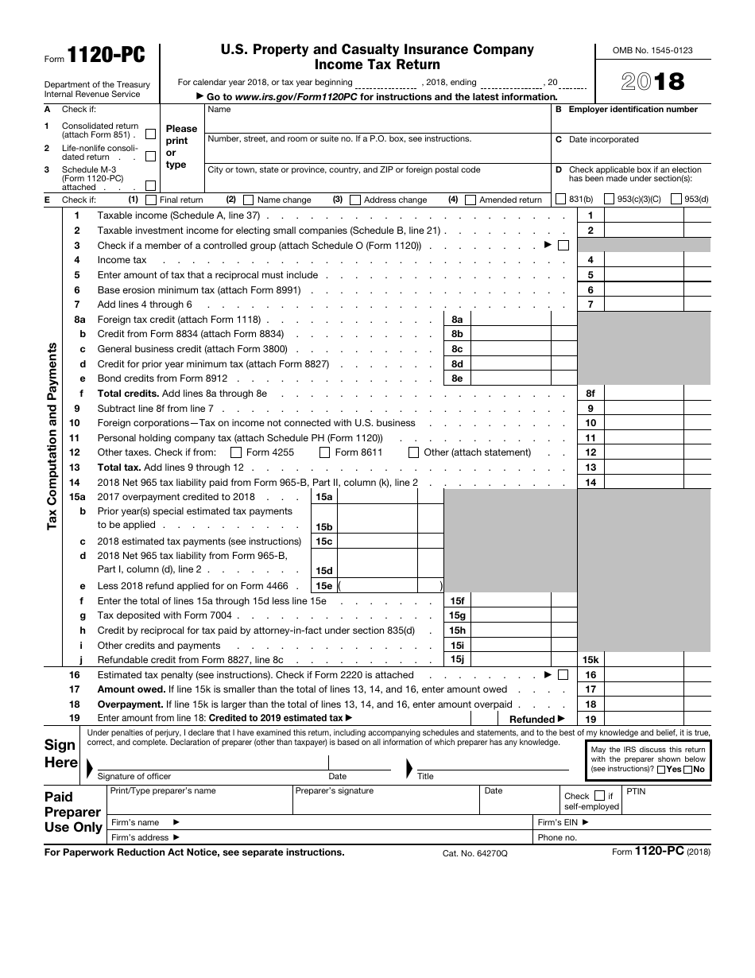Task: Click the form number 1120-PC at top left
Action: click(106, 54)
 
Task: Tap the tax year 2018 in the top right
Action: click(652, 82)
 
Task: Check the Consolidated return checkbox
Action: click(151, 134)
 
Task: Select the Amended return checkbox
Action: click(470, 200)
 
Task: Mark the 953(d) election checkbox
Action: click(676, 200)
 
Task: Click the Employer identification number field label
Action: click(633, 110)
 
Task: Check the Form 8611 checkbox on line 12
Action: click(324, 452)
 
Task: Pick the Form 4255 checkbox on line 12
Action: click(236, 452)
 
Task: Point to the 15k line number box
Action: click(590, 660)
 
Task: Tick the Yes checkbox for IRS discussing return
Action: click(661, 770)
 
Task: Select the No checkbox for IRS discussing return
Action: click(688, 770)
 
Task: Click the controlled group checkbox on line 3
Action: click(563, 246)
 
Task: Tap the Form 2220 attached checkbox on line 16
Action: click(563, 675)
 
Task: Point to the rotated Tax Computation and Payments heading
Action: click(52, 436)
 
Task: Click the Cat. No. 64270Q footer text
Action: click(474, 853)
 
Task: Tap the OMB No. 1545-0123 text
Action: click(652, 50)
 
